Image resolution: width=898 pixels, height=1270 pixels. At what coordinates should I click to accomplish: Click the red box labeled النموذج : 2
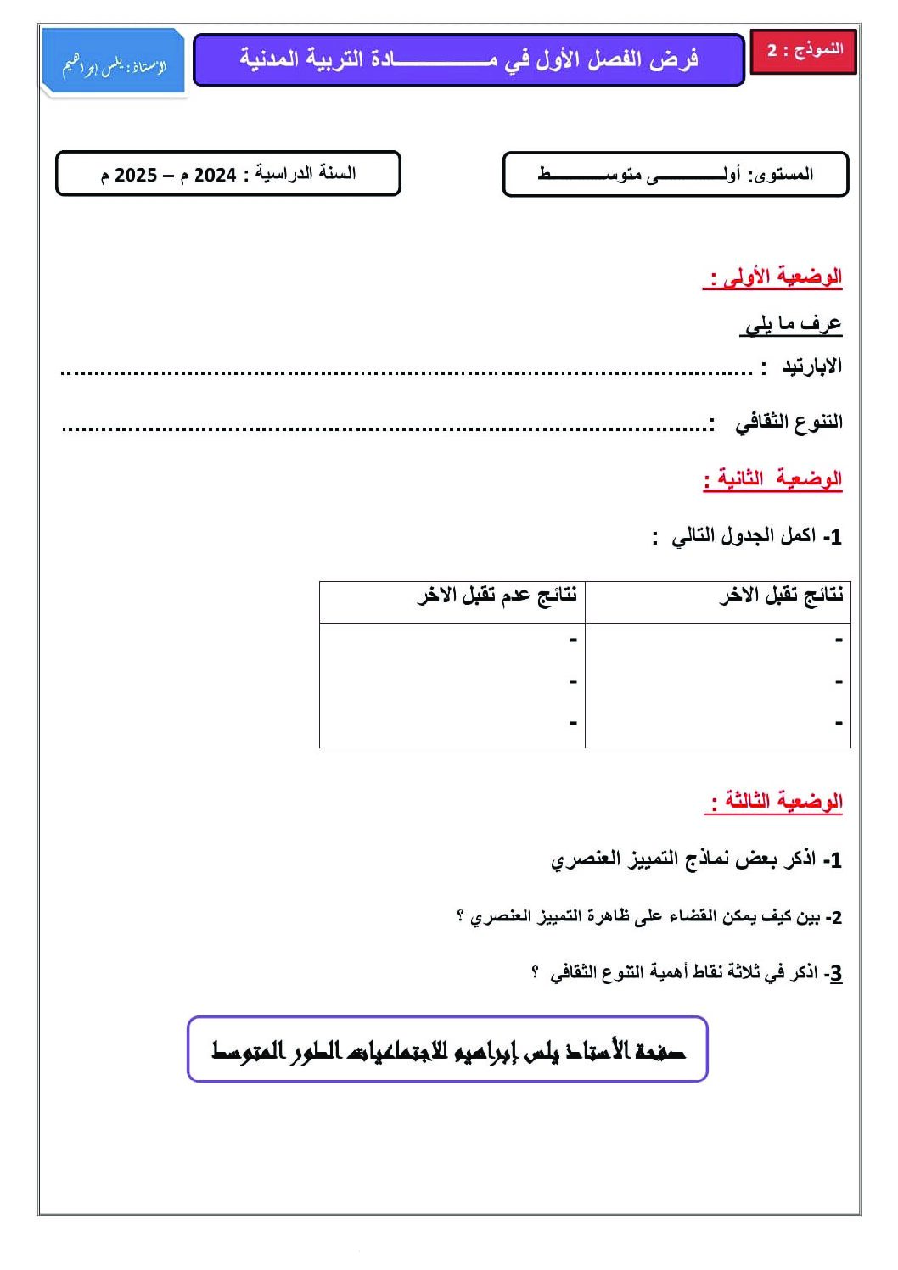tap(804, 50)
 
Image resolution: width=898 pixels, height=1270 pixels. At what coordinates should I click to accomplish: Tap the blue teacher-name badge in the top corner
tap(114, 64)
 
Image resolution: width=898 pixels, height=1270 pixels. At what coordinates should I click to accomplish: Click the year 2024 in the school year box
tap(216, 176)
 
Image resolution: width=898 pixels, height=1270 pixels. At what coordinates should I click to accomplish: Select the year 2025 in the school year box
tap(136, 176)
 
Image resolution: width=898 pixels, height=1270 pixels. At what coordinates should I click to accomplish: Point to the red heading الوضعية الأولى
tap(773, 277)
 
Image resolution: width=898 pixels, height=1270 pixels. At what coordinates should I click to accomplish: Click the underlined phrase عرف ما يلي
tap(791, 324)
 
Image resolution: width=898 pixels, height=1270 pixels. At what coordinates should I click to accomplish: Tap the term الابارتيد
tap(811, 366)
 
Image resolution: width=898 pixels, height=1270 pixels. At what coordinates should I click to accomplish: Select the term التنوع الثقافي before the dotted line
tap(789, 422)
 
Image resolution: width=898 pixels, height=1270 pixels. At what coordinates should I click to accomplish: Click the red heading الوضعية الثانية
tap(773, 479)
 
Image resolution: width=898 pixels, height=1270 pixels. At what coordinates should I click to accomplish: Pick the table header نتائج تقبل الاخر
tap(781, 596)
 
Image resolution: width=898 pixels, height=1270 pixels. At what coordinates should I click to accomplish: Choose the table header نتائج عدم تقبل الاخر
tap(497, 596)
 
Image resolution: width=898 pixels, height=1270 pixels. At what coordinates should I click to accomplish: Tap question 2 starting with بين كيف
tap(649, 917)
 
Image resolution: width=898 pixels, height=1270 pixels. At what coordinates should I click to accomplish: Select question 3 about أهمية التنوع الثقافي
tap(687, 973)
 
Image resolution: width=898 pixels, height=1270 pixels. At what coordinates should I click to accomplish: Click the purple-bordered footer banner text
tap(447, 1050)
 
